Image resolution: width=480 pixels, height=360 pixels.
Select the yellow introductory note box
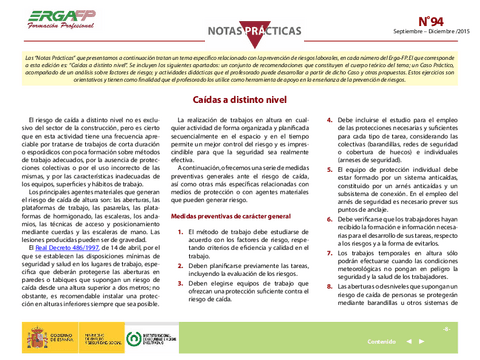tap(240, 72)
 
